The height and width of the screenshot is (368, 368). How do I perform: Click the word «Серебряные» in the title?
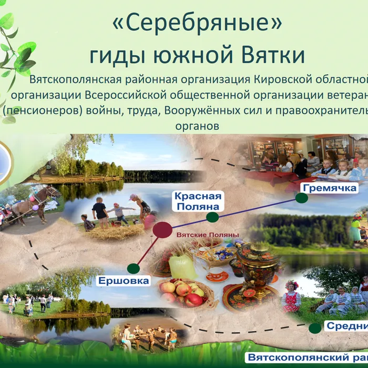tap(197, 24)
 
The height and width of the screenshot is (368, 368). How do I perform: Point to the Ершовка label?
tap(124, 281)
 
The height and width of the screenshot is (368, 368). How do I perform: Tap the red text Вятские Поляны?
tap(208, 235)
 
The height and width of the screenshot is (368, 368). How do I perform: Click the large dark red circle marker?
tap(162, 229)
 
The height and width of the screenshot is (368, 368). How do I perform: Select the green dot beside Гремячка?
tap(301, 198)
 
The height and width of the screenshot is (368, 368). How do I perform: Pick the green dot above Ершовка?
tap(133, 268)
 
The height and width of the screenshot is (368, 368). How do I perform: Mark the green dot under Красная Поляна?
tap(212, 217)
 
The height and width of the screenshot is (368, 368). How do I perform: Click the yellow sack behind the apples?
tap(182, 267)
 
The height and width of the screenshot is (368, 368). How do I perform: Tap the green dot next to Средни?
tap(315, 328)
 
